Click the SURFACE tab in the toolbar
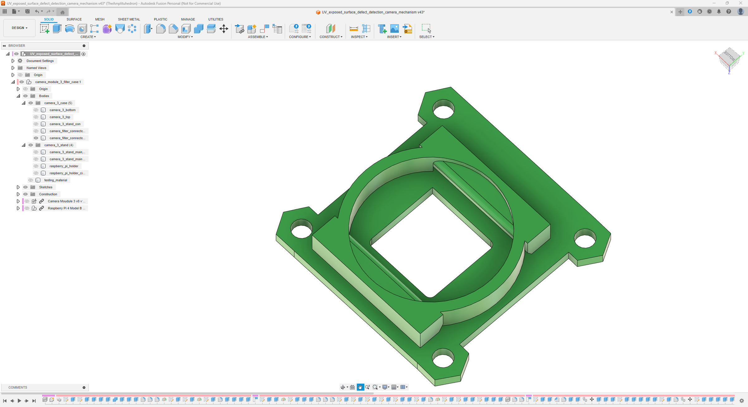click(74, 19)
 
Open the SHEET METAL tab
click(129, 19)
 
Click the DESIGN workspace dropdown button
click(19, 28)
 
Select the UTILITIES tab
click(216, 19)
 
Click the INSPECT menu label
click(359, 37)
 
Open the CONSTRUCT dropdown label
click(331, 37)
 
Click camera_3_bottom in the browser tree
click(62, 110)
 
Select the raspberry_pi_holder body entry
click(64, 166)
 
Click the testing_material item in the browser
click(55, 180)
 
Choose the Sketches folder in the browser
click(46, 187)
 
